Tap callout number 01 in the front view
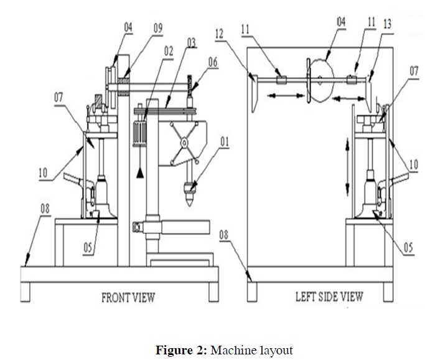[x=223, y=142]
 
